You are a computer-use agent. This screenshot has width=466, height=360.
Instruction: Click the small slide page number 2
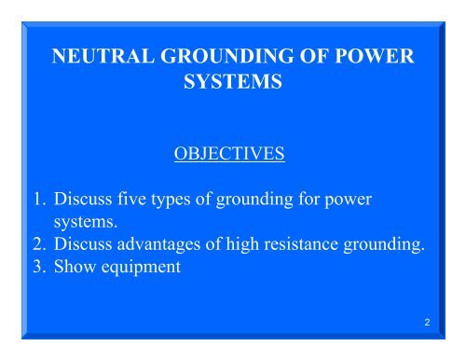tap(425, 323)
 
